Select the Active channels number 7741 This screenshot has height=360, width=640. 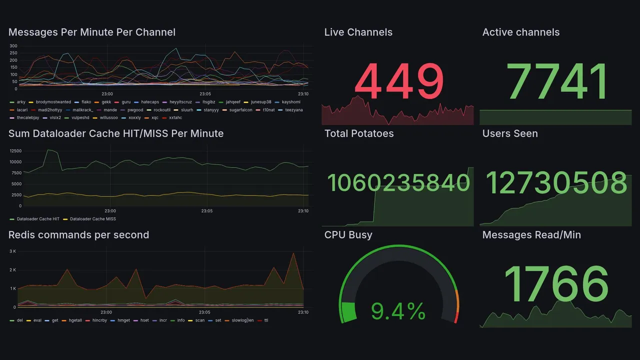[557, 81]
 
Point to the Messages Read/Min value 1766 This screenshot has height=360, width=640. [556, 284]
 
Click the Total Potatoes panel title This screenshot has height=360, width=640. [358, 133]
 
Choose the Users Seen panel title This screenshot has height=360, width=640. [509, 133]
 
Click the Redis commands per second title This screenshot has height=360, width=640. [78, 235]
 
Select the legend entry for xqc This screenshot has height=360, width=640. [154, 118]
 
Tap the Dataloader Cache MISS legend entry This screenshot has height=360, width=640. [92, 219]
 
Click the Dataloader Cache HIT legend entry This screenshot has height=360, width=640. [38, 219]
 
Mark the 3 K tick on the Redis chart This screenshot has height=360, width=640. [13, 251]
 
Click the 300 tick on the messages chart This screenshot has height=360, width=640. [13, 46]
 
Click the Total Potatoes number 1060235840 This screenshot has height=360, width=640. [398, 183]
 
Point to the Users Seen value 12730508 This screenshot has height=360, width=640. [556, 183]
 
